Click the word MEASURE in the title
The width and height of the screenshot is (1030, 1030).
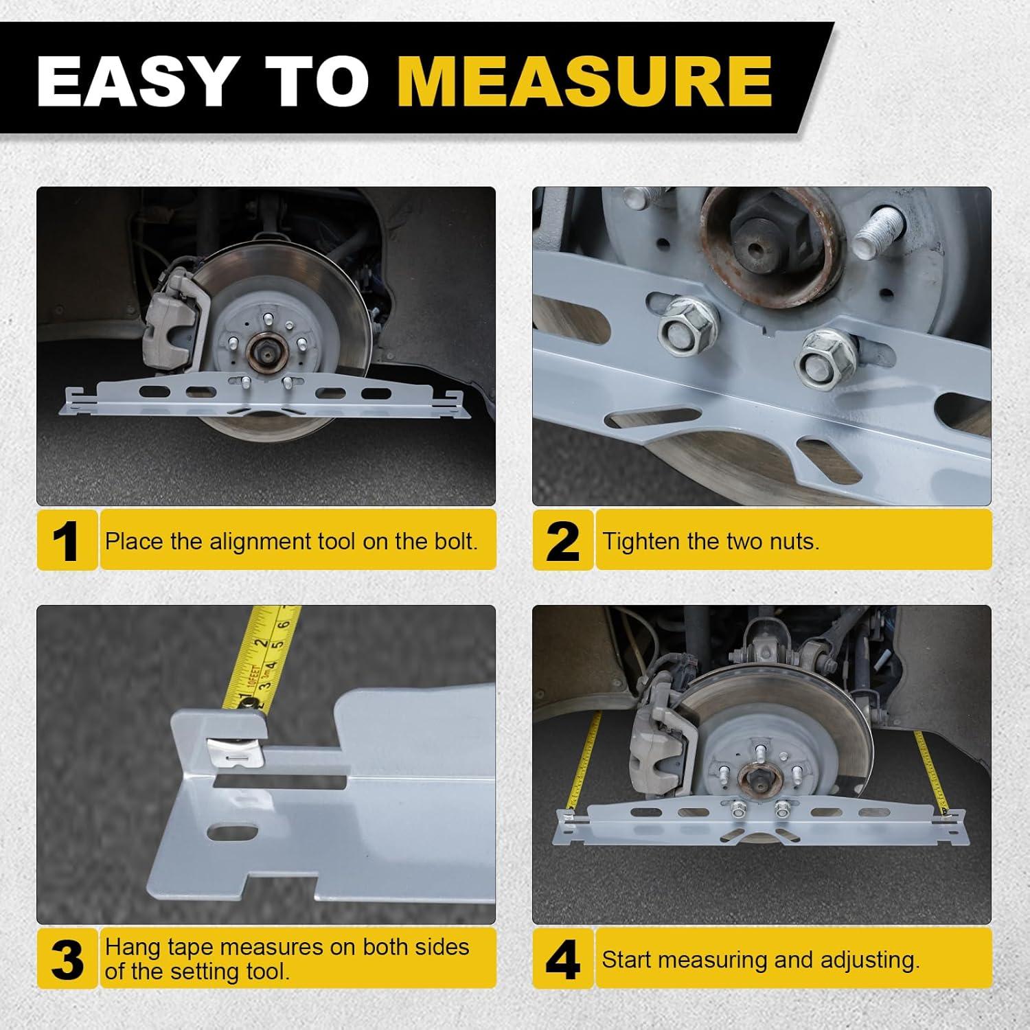pos(586,81)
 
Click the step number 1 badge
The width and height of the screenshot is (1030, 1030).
pos(67,540)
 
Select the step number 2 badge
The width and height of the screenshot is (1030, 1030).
pos(562,540)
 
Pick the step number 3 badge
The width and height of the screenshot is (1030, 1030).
pos(67,959)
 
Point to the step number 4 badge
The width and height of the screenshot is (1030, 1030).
pos(562,959)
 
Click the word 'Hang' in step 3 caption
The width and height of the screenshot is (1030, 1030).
pos(131,948)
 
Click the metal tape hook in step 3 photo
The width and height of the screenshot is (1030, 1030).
pos(237,752)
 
